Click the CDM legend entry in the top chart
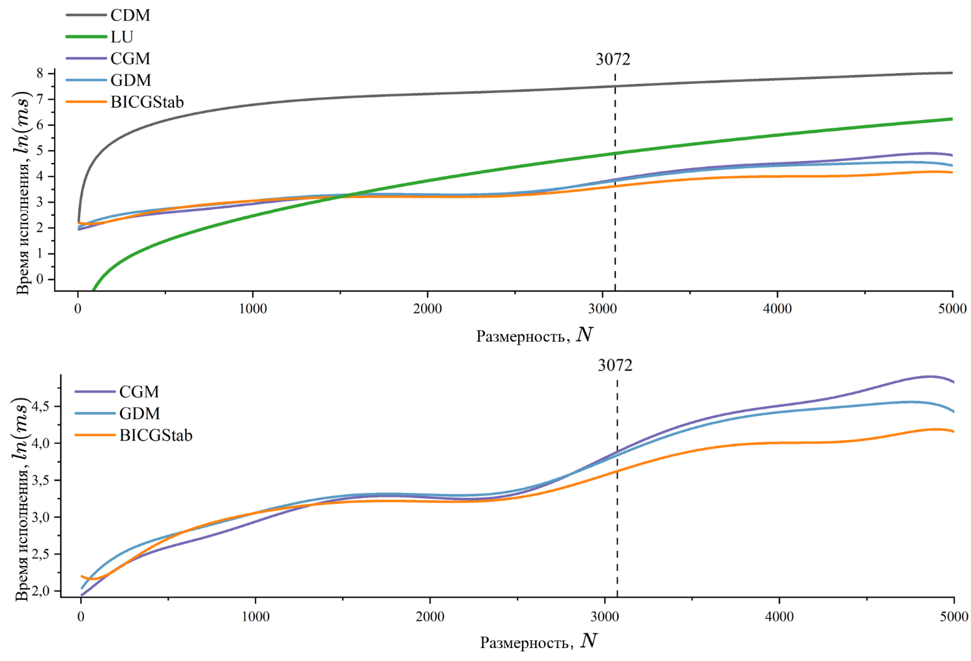click(130, 15)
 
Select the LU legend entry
click(121, 37)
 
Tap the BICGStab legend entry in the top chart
click(147, 102)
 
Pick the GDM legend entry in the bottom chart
click(139, 413)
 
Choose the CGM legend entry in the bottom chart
click(139, 392)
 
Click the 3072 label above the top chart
click(613, 59)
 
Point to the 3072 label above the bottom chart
click(615, 366)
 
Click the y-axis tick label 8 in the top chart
click(40, 74)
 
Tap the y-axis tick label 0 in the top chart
click(40, 279)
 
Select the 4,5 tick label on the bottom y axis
click(42, 407)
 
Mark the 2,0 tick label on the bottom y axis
click(42, 591)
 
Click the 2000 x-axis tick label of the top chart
click(427, 309)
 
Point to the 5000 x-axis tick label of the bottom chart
click(953, 617)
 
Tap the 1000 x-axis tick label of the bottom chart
click(255, 617)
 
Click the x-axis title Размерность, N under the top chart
click(534, 335)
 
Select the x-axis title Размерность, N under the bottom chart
click(538, 641)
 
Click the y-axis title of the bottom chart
click(22, 499)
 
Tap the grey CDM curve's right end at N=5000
click(951, 73)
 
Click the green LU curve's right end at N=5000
click(951, 119)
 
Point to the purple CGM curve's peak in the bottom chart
click(930, 376)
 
